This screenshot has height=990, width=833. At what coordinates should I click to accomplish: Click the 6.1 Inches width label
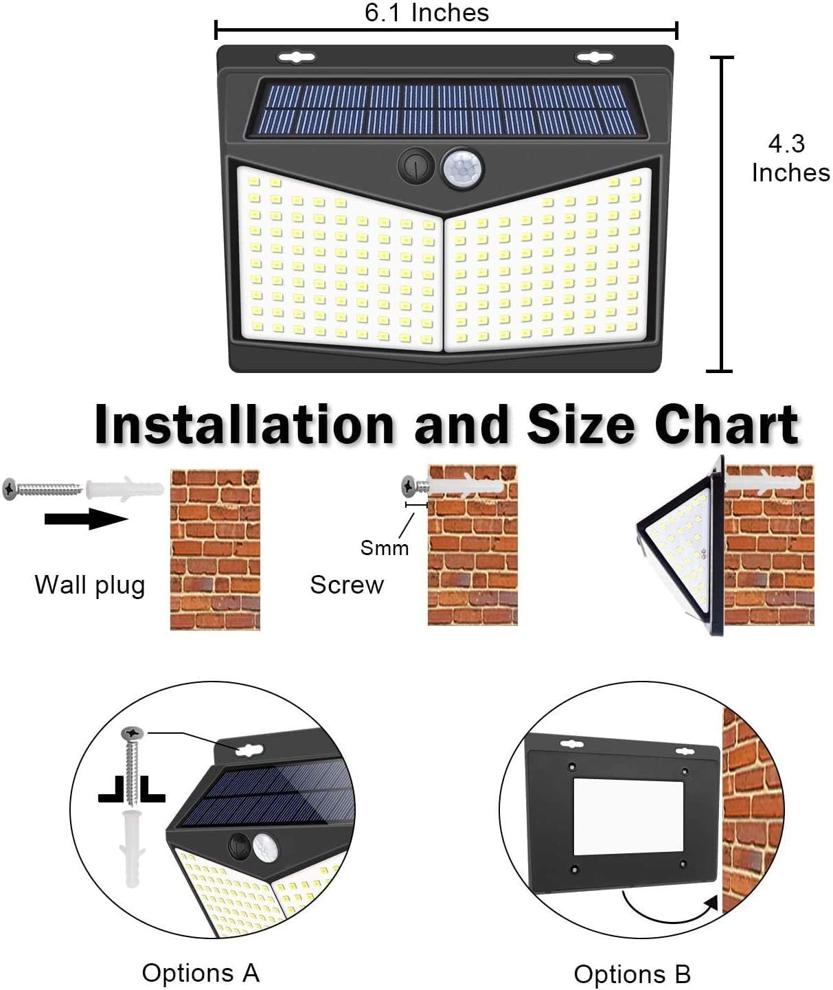tap(426, 12)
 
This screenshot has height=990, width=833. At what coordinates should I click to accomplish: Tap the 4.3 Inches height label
tap(790, 159)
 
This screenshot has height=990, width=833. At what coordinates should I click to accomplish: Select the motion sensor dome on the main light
tap(461, 167)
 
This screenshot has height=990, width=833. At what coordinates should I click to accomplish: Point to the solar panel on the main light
tap(447, 108)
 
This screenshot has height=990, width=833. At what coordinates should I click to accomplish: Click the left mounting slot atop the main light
tap(296, 58)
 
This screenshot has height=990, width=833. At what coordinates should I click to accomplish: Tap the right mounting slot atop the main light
tap(595, 58)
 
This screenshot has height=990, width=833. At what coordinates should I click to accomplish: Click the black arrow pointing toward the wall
tap(86, 519)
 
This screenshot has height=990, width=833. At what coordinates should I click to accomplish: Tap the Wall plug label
tap(90, 585)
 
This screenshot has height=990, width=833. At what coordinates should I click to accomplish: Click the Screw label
tap(347, 585)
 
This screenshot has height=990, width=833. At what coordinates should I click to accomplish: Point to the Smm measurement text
tap(384, 548)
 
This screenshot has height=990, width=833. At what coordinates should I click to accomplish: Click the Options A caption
tap(201, 973)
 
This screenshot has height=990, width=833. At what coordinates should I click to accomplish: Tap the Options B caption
tap(632, 974)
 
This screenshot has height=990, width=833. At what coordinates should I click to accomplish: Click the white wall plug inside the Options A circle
tap(135, 846)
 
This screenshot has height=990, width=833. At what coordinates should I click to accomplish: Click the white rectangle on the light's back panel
tap(628, 816)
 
